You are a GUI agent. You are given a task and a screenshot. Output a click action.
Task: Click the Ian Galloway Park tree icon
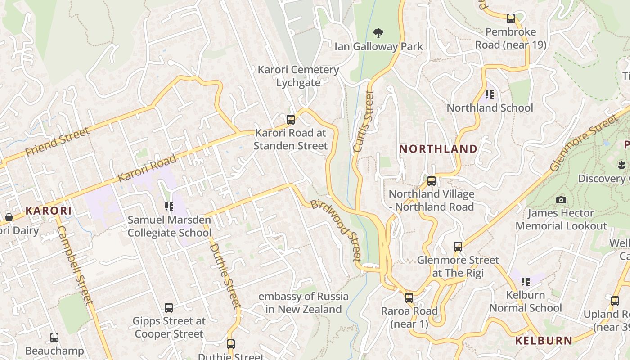(378, 33)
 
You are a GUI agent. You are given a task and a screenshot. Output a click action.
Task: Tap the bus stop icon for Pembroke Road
(511, 18)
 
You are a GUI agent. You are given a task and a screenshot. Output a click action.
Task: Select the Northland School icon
(490, 94)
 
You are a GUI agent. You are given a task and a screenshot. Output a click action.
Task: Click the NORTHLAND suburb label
(438, 149)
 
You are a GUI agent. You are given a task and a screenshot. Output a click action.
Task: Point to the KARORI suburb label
(49, 211)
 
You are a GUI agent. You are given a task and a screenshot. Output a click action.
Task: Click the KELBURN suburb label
(544, 341)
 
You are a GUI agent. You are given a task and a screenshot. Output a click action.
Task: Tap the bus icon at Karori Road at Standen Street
(291, 120)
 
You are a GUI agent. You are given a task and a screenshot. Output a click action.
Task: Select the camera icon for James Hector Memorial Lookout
(561, 200)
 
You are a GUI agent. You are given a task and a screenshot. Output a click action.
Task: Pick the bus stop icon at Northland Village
(432, 181)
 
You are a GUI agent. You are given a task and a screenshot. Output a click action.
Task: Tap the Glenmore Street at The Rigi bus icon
(458, 247)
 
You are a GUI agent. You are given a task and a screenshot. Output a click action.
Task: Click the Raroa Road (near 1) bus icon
(409, 297)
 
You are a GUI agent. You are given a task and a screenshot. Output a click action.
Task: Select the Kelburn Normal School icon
(525, 282)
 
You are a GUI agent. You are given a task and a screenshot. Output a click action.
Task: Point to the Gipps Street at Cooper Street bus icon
(169, 308)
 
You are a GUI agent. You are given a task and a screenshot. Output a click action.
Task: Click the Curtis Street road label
(364, 121)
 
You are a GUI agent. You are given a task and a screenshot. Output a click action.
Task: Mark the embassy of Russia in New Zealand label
(303, 303)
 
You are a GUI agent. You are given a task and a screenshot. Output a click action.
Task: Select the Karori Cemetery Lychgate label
(298, 76)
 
